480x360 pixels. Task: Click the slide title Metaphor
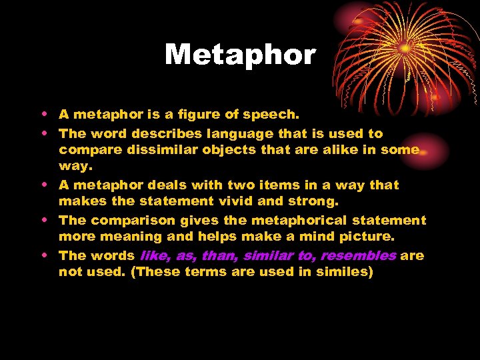(240, 55)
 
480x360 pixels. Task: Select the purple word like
(154, 255)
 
